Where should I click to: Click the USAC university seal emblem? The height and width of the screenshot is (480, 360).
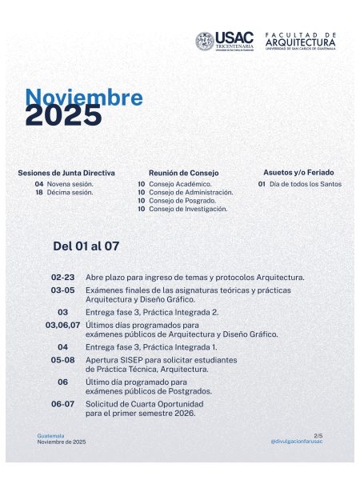click(205, 41)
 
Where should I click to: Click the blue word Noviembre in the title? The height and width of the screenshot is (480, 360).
click(84, 98)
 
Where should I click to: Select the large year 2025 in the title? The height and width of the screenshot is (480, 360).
click(64, 117)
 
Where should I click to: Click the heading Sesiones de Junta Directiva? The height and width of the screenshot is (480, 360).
click(66, 173)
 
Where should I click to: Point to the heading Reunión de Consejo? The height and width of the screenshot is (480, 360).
click(183, 173)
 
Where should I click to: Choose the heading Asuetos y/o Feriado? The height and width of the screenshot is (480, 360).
click(298, 172)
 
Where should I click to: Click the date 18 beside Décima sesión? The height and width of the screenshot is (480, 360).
click(38, 192)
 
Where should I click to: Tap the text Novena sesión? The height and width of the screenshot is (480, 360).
click(70, 184)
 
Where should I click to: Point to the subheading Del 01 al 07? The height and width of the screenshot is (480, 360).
click(86, 246)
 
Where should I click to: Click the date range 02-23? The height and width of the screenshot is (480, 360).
click(62, 277)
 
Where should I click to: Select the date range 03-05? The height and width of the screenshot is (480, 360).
click(62, 290)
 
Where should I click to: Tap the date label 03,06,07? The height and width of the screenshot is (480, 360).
click(62, 325)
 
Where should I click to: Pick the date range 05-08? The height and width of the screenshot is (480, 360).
click(62, 360)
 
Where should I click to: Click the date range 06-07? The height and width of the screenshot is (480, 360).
click(62, 404)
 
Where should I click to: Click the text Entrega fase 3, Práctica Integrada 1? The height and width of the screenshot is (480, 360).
click(151, 347)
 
